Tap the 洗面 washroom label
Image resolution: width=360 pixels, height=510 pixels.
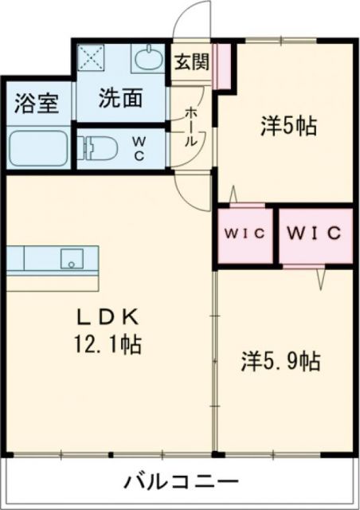tap(120, 98)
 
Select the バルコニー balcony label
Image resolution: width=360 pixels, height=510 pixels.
tap(181, 483)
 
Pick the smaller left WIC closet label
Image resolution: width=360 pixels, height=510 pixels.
tap(244, 234)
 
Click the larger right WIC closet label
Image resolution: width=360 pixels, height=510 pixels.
tap(314, 234)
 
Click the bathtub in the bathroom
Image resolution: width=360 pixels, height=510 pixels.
tap(39, 147)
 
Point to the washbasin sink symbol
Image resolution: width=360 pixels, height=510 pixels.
tap(147, 59)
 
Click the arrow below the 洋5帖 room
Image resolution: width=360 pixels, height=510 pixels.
tap(233, 194)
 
